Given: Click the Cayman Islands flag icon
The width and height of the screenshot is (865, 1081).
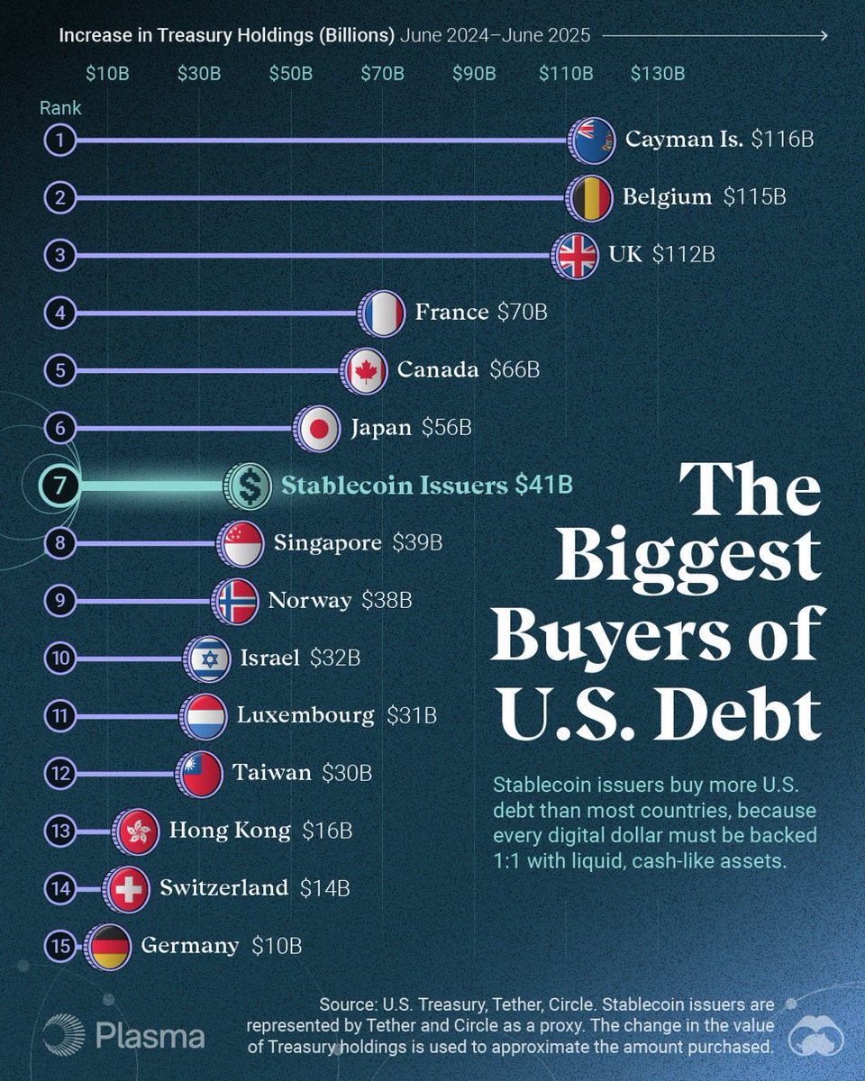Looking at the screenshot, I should [593, 141].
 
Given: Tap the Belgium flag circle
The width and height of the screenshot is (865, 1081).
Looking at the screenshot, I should [591, 198].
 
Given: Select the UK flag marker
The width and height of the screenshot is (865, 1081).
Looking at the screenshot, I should [577, 256].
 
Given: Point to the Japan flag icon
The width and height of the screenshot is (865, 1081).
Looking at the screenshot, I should [318, 428].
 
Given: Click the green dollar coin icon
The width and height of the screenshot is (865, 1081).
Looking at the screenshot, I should [248, 486].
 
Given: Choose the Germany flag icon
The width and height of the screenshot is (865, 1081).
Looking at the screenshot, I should [109, 947].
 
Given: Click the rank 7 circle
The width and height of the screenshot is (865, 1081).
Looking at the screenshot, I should [60, 486].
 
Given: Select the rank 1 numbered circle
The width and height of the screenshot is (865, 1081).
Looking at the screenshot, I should [60, 141].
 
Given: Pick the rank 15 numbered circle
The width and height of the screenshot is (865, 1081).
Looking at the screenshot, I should [60, 947].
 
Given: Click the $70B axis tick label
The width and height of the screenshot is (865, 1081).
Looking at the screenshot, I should [382, 73].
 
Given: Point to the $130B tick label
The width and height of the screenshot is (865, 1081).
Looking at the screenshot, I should [657, 73].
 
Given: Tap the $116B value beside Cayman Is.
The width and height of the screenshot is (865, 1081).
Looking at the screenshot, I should [783, 141].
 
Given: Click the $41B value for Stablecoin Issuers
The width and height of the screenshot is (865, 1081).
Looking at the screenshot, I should [543, 486].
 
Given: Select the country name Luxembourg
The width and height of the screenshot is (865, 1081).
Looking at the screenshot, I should [305, 716].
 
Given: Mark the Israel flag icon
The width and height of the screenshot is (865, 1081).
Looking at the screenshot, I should [208, 659].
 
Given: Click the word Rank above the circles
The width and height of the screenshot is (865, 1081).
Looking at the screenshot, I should [60, 108].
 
